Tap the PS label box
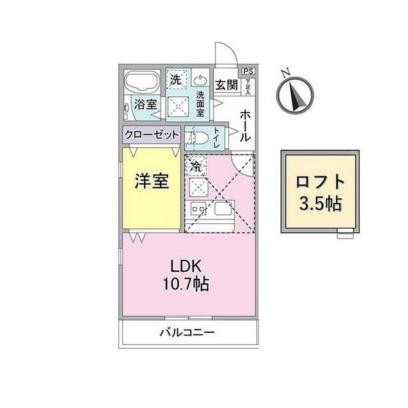(248, 72)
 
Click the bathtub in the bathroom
(142, 84)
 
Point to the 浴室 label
(144, 105)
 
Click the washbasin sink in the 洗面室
(200, 81)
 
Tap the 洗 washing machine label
(175, 80)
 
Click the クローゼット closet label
(151, 135)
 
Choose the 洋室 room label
(151, 181)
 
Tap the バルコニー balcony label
(187, 332)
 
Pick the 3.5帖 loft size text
(321, 204)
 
